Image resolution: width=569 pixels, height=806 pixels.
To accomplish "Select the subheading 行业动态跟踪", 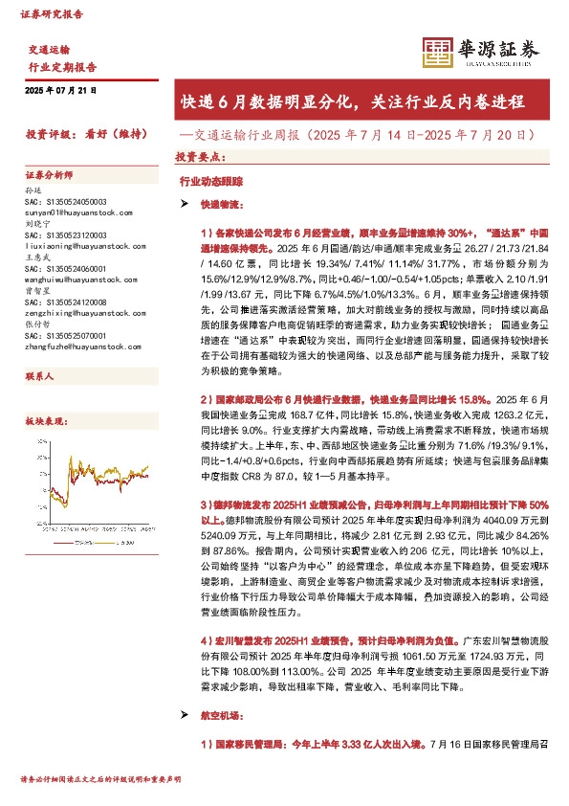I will click(205, 180).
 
